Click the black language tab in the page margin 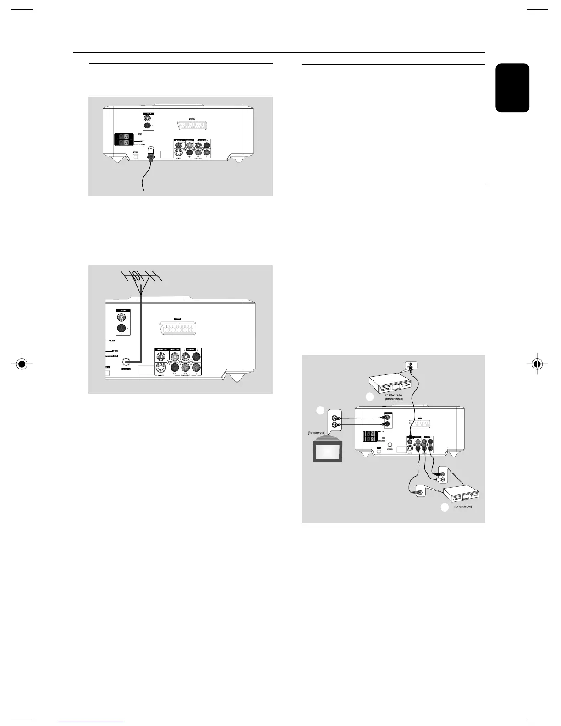[x=512, y=88]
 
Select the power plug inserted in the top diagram [x=151, y=154]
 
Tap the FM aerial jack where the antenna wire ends [x=123, y=361]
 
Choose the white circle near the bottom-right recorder [x=444, y=507]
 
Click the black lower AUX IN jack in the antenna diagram [x=122, y=328]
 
